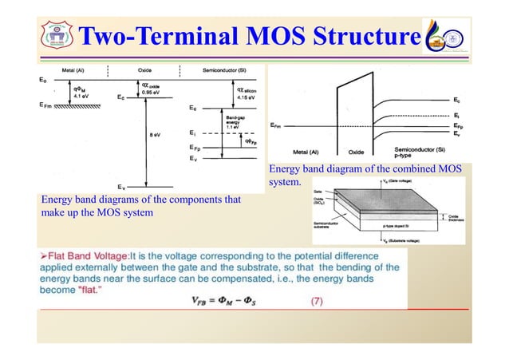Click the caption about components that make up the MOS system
(x=136, y=206)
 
